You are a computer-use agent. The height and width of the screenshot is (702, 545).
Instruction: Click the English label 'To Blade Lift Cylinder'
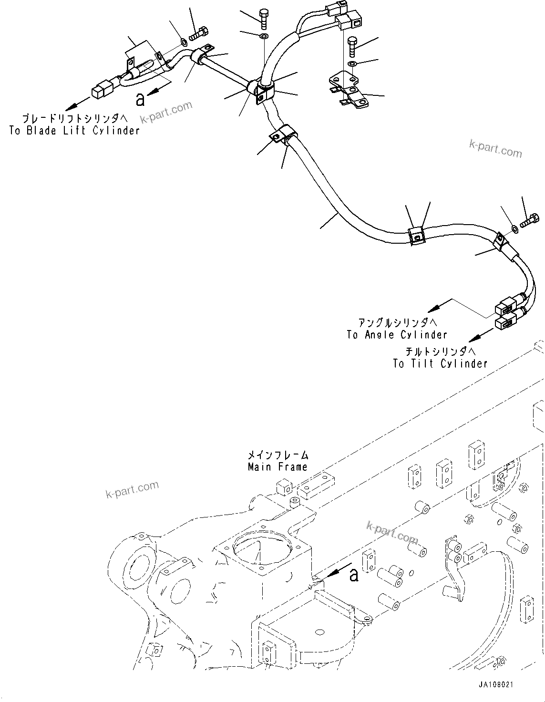coord(74,130)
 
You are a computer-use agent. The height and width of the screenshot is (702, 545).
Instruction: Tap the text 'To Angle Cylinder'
coord(397,335)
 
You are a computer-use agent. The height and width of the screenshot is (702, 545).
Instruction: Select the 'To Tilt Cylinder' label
coord(440,364)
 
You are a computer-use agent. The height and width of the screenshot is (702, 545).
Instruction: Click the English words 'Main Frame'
coord(278,467)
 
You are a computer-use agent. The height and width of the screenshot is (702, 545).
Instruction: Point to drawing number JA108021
coord(496,685)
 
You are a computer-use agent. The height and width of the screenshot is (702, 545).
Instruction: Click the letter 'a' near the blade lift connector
coord(140,99)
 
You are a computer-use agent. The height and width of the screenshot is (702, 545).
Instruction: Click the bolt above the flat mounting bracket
coord(352,46)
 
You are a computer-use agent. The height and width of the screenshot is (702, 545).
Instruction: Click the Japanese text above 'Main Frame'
coord(278,455)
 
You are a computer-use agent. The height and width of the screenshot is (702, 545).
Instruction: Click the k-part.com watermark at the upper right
coord(495,148)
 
